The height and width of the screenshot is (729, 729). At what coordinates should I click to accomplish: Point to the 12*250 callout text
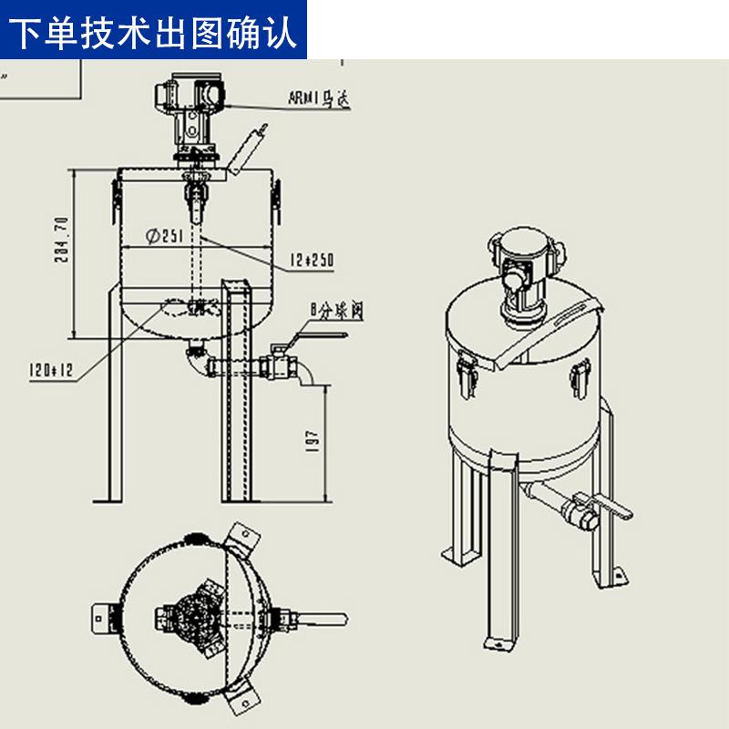tap(312, 261)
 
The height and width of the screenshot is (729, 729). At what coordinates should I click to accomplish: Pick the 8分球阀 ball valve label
tap(337, 311)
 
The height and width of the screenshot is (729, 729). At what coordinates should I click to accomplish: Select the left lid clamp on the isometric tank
tap(466, 375)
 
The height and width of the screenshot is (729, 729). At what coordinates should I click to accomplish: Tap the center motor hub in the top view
tap(197, 620)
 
